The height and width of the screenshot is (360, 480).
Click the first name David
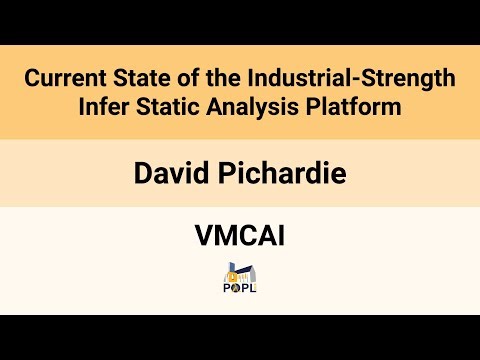[165, 173]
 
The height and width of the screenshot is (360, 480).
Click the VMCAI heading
[239, 237]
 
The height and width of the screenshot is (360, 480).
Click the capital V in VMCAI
[203, 237]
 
